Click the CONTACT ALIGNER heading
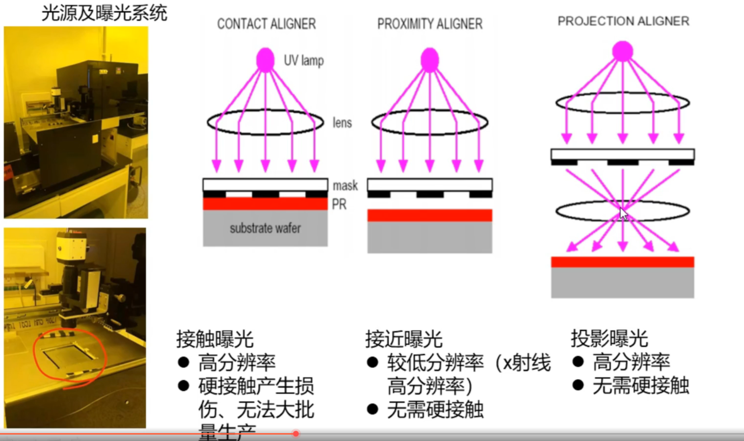click(x=266, y=24)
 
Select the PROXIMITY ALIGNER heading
click(x=429, y=24)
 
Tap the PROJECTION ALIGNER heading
click(x=623, y=21)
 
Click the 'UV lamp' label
click(x=304, y=60)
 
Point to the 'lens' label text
click(x=342, y=123)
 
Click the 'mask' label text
click(x=345, y=185)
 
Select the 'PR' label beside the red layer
click(x=339, y=204)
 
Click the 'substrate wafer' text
click(x=265, y=228)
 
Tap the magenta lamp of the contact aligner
click(x=266, y=59)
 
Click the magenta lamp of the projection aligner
click(x=622, y=51)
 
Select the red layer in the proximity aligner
click(x=429, y=215)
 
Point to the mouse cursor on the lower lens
click(x=623, y=214)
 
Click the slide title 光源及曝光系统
click(x=104, y=13)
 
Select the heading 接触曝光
click(x=214, y=338)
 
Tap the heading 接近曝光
click(x=403, y=338)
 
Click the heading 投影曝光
click(x=609, y=338)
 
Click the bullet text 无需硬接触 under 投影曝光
click(x=640, y=386)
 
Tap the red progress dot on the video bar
click(x=296, y=434)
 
